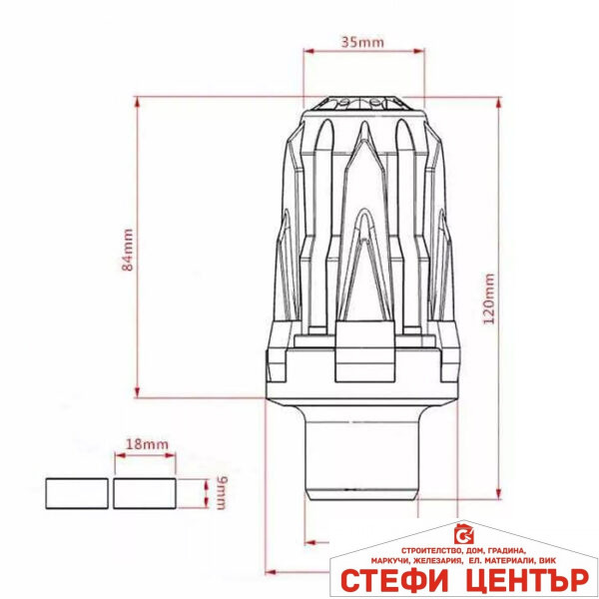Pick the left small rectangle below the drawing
tap(76, 492)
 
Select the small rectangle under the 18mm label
tap(145, 492)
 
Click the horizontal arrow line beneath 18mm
tap(146, 457)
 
